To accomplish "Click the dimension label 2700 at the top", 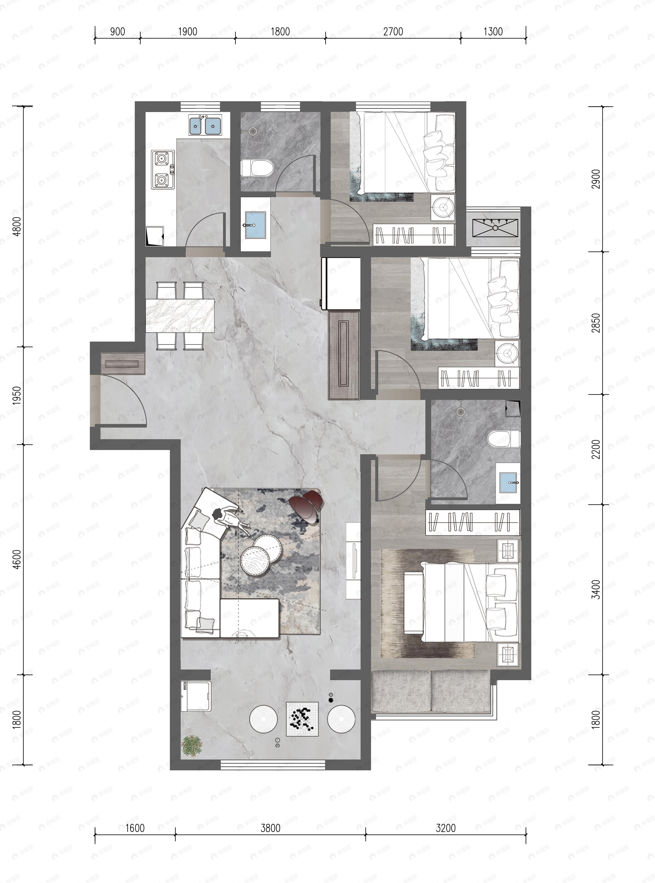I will [x=393, y=32].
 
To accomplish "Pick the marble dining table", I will [x=180, y=316].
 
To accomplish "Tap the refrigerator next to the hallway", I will [x=341, y=283].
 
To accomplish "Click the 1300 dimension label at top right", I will [x=493, y=32].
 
